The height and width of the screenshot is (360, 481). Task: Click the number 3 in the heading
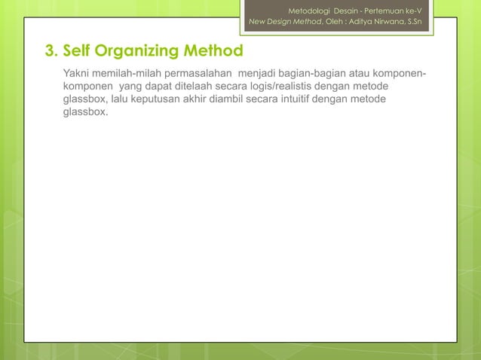(x=50, y=51)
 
